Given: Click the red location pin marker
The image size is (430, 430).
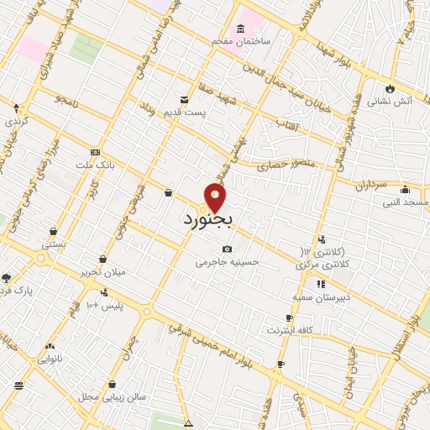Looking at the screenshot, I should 217,197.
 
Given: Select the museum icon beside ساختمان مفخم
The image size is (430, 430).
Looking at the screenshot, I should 241,31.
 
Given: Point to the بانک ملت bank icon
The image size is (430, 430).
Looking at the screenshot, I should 95,153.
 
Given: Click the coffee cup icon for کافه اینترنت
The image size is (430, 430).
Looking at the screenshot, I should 290,317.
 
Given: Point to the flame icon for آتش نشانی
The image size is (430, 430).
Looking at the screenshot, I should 389,87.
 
